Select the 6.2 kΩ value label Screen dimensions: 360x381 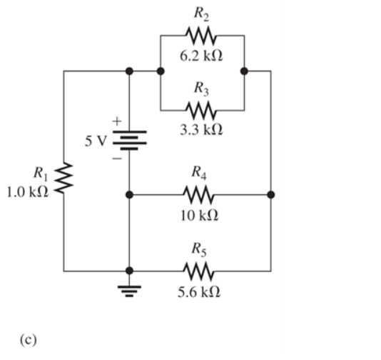click(x=202, y=54)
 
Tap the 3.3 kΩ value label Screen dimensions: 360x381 click(x=202, y=131)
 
